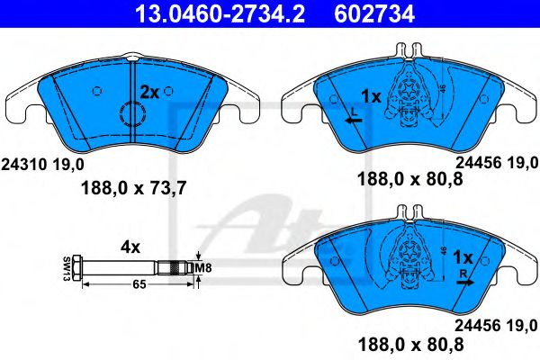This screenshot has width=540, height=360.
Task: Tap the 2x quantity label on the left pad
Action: (x=149, y=92)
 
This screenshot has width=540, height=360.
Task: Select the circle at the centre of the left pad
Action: (x=131, y=115)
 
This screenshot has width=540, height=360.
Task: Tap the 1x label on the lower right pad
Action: (x=463, y=256)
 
